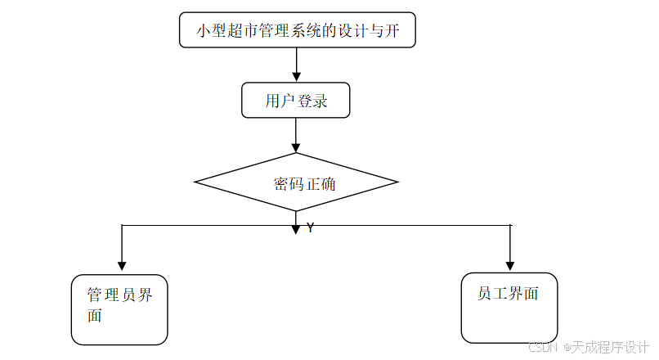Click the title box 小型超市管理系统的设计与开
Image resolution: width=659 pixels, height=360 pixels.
pyautogui.click(x=297, y=30)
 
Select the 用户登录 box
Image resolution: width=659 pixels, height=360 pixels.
pyautogui.click(x=296, y=101)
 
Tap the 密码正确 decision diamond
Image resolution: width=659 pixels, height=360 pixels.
pyautogui.click(x=296, y=182)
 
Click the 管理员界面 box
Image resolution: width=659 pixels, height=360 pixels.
pyautogui.click(x=119, y=309)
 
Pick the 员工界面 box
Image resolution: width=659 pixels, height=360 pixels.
pyautogui.click(x=509, y=308)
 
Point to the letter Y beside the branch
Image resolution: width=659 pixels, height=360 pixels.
pyautogui.click(x=311, y=228)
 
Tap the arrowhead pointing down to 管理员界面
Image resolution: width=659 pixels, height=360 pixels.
pyautogui.click(x=122, y=265)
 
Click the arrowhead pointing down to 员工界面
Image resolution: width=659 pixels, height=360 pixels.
pyautogui.click(x=510, y=265)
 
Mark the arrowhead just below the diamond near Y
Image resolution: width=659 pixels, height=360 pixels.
pyautogui.click(x=296, y=229)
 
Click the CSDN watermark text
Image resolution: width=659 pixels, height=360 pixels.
pyautogui.click(x=543, y=347)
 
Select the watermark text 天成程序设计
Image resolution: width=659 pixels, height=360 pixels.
pyautogui.click(x=609, y=347)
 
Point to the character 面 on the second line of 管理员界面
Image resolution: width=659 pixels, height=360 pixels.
pyautogui.click(x=95, y=316)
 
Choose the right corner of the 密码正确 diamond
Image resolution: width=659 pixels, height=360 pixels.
pyautogui.click(x=397, y=182)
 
